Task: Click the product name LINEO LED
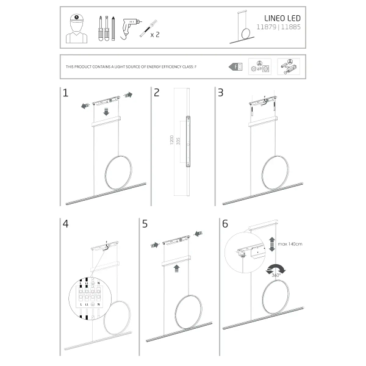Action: point(282,19)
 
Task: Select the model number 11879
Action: point(269,28)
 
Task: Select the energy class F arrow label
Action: point(236,66)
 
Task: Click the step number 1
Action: point(65,93)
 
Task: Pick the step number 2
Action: point(157,93)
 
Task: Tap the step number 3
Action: point(221,93)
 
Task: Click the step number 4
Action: point(66,224)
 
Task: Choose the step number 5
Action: point(145,224)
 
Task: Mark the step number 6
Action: point(225,224)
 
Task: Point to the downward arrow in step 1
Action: point(106,112)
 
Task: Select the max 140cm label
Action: point(290,244)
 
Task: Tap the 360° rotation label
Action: point(275,276)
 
